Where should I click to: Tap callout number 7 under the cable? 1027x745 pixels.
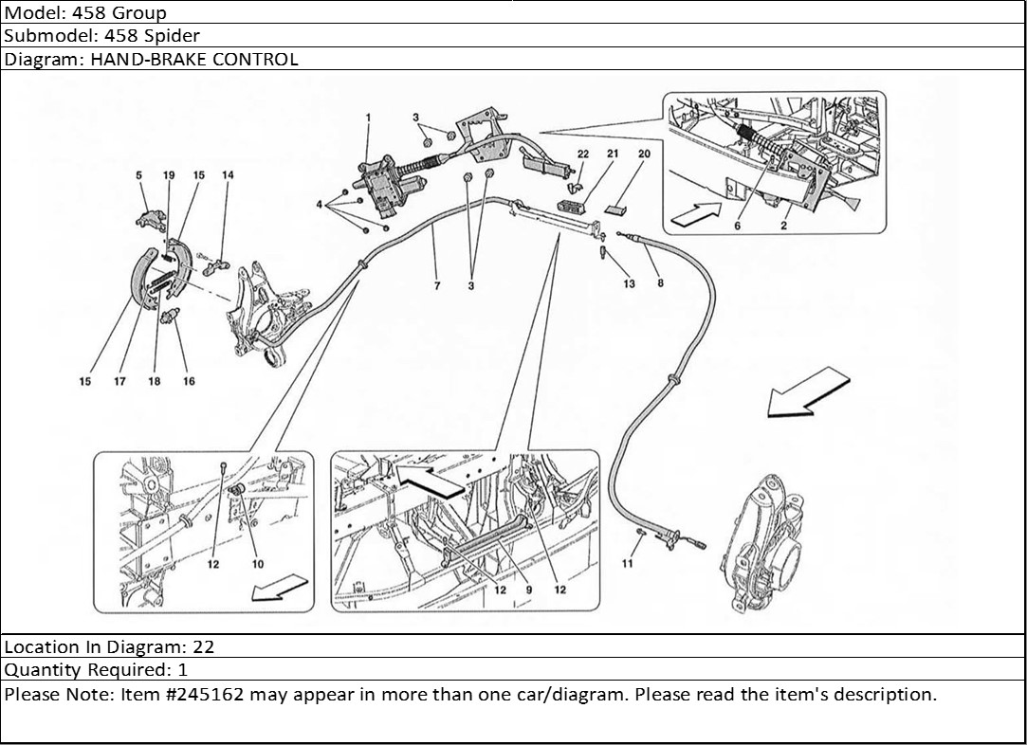point(437,285)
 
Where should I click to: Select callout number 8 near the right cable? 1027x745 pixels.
point(660,282)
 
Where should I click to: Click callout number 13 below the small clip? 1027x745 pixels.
point(630,283)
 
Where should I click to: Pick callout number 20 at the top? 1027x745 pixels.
point(644,153)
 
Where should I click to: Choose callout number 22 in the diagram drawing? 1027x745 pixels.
point(582,153)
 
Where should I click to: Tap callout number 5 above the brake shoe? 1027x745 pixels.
point(138,175)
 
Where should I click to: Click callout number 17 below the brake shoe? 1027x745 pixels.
point(120,381)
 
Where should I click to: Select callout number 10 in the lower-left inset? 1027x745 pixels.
point(258,563)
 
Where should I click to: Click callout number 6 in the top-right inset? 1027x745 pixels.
point(738,226)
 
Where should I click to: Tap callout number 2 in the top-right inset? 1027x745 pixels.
point(784,226)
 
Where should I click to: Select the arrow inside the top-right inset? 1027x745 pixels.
point(695,215)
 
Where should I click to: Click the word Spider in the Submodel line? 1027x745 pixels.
point(174,36)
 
